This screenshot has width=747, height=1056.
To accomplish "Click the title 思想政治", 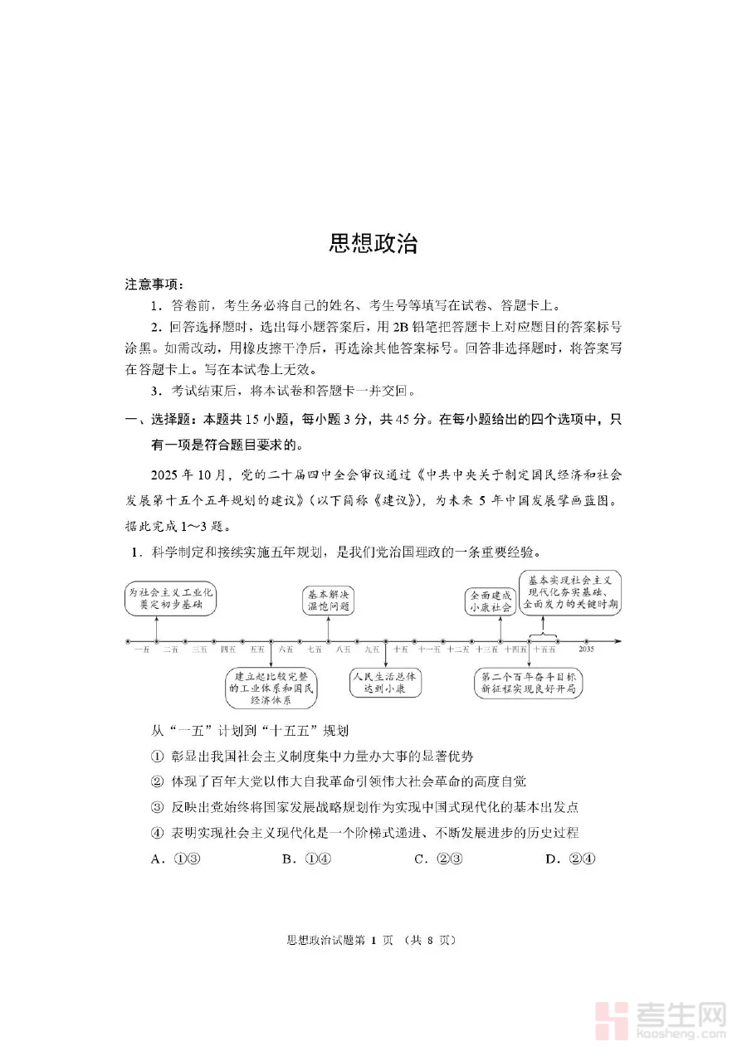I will (x=373, y=243).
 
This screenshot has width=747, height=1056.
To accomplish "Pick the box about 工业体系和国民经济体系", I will (x=271, y=688).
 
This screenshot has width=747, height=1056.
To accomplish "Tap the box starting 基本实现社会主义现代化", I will (x=569, y=592).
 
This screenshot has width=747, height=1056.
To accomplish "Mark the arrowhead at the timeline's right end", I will (x=618, y=641).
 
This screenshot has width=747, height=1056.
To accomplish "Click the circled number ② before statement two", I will (x=158, y=781).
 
